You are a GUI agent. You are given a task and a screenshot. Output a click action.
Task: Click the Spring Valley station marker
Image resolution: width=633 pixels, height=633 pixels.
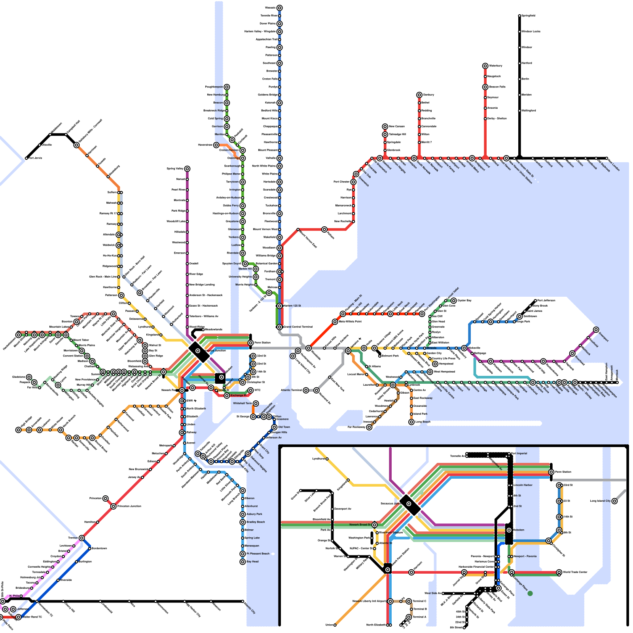pyautogui.click(x=187, y=169)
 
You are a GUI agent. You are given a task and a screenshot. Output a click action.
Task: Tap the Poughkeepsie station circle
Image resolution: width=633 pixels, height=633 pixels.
pyautogui.click(x=227, y=87)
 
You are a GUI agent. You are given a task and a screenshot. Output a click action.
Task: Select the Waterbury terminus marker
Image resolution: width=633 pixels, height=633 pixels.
pyautogui.click(x=485, y=66)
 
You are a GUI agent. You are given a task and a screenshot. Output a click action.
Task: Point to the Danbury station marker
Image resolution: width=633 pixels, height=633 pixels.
pyautogui.click(x=419, y=95)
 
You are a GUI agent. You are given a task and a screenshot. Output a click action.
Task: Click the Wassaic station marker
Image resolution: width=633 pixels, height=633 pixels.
pyautogui.click(x=279, y=8)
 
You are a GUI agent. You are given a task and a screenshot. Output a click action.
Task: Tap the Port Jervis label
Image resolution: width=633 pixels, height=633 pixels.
pyautogui.click(x=35, y=158)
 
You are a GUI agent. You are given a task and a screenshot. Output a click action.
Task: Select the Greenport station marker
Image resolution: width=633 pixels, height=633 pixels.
pyautogui.click(x=596, y=330)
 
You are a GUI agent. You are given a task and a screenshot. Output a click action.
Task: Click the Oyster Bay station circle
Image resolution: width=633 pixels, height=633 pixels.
pyautogui.click(x=454, y=301)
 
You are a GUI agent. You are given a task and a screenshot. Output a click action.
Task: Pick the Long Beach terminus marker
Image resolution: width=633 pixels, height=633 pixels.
pyautogui.click(x=411, y=422)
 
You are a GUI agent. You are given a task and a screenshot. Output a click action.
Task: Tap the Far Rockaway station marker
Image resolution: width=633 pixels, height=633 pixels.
pyautogui.click(x=369, y=427)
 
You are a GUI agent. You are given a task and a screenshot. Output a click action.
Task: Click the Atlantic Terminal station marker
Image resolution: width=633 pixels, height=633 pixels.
pyautogui.click(x=306, y=390)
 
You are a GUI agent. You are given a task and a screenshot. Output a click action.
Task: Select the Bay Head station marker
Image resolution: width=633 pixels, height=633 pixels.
pyautogui.click(x=243, y=562)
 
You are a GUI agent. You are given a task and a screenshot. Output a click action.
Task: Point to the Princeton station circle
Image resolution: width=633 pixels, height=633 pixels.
pyautogui.click(x=105, y=498)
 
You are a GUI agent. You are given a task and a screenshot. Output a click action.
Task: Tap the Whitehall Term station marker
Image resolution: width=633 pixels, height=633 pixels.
pyautogui.click(x=256, y=404)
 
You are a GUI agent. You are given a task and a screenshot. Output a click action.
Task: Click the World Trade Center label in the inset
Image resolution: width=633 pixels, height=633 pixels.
pyautogui.click(x=575, y=572)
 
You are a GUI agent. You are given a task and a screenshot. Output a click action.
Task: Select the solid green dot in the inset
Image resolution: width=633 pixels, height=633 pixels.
pyautogui.click(x=530, y=593)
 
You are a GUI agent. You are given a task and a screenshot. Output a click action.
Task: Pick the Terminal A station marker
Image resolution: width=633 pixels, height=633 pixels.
pyautogui.click(x=409, y=617)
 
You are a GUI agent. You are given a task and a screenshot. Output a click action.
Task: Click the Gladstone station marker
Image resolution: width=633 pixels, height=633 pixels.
pyautogui.click(x=29, y=377)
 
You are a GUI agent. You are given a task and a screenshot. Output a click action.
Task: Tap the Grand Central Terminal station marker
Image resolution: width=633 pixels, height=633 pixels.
pyautogui.click(x=279, y=327)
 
